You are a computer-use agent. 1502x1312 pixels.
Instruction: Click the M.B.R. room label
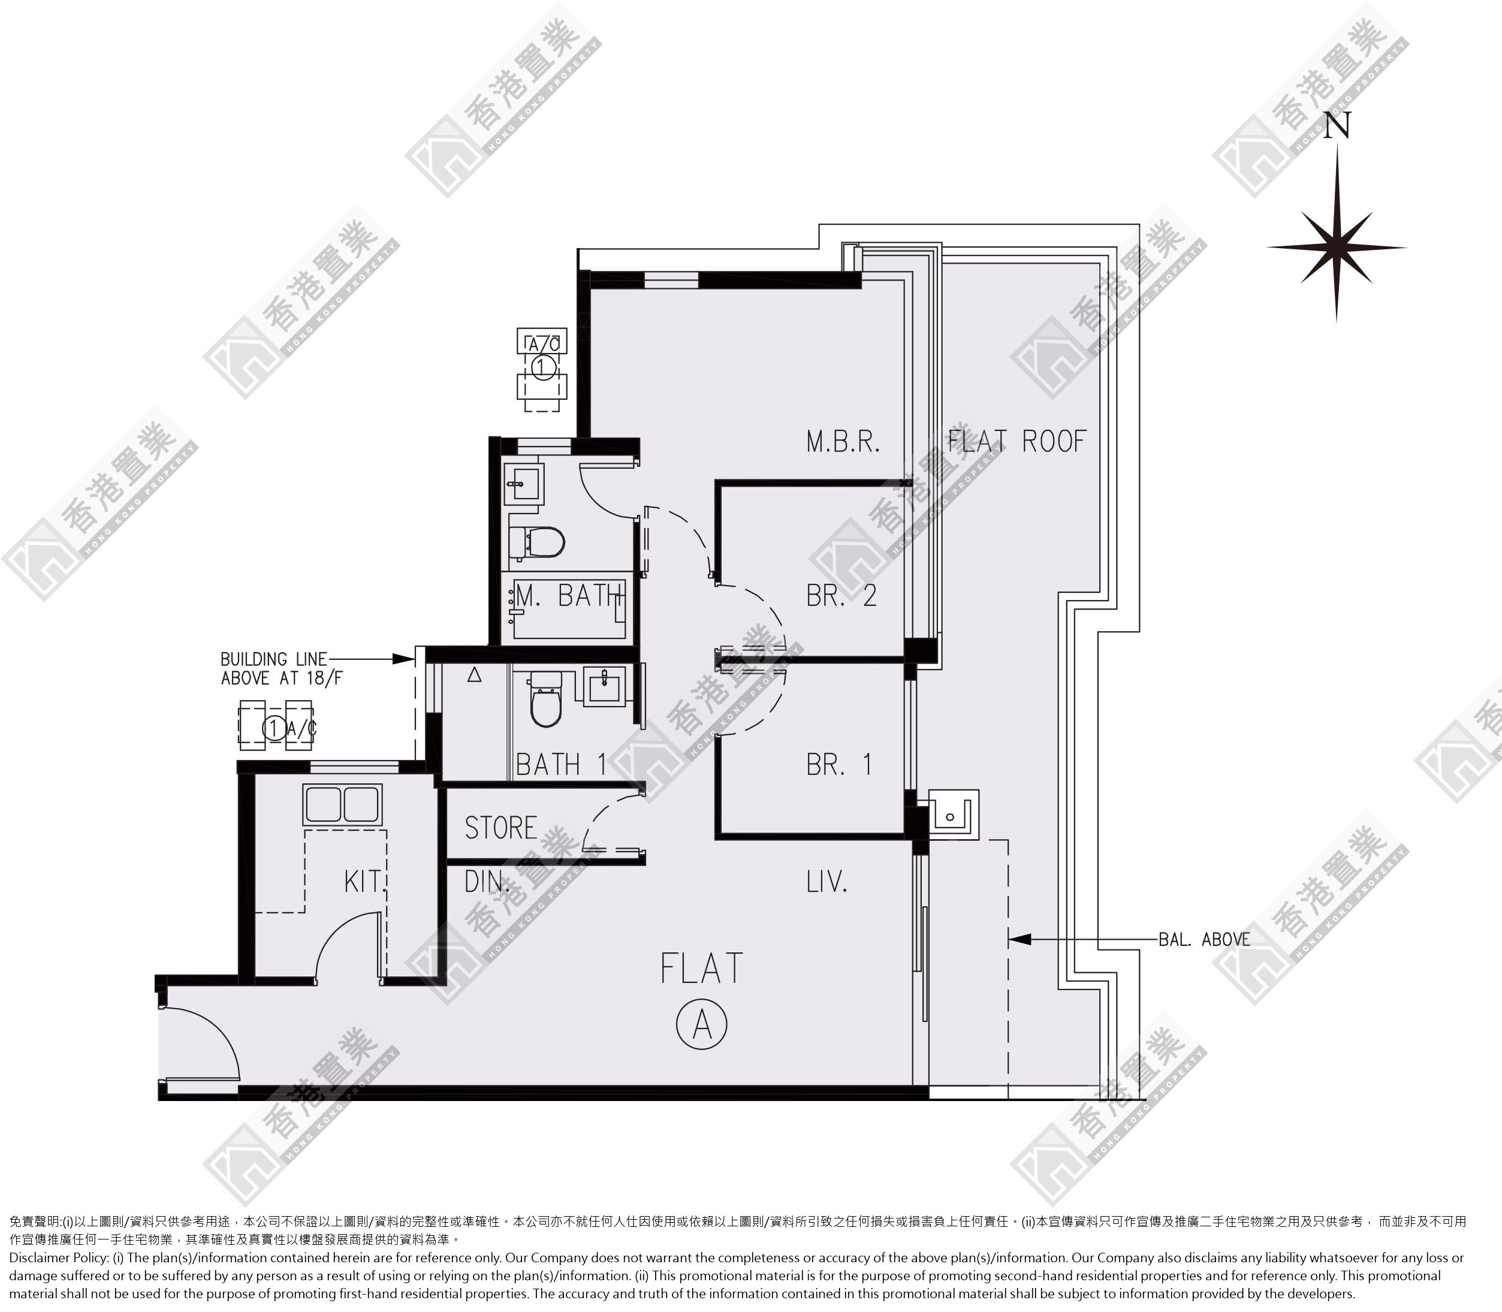843,442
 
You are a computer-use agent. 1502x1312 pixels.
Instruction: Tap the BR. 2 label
841,595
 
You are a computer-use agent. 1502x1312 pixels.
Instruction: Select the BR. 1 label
839,764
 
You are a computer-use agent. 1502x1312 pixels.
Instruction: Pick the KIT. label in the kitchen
364,882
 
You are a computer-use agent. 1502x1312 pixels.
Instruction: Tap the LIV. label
827,882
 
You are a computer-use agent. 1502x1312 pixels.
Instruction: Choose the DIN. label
487,882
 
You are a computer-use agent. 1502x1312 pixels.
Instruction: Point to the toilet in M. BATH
536,542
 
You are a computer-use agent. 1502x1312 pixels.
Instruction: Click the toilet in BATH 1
543,699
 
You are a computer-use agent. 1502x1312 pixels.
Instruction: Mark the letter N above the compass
1337,125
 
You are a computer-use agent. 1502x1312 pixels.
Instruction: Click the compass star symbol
1337,247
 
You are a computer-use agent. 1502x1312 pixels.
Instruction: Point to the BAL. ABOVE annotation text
1204,939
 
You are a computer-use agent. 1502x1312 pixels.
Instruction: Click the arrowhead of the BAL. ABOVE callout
1020,939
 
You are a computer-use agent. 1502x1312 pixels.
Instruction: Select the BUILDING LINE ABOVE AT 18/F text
281,668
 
